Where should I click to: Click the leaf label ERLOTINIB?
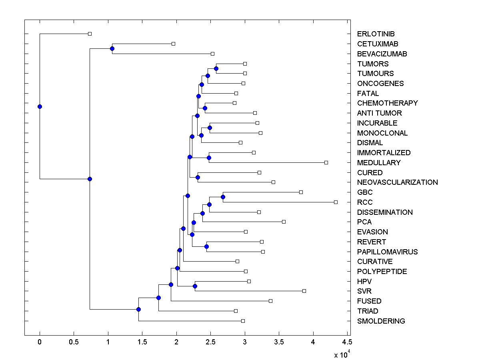tap(376, 34)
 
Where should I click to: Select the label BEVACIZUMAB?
tap(382, 54)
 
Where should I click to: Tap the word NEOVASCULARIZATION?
tap(397, 182)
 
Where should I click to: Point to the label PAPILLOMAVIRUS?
tap(387, 252)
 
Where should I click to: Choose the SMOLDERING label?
tap(381, 321)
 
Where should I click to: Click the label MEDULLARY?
tap(379, 163)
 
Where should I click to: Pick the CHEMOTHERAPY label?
tap(387, 103)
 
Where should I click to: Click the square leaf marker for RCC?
tap(336, 202)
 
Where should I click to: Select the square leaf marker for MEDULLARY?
tap(326, 162)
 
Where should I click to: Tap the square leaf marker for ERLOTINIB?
tap(90, 34)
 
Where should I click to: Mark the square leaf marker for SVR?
tap(304, 291)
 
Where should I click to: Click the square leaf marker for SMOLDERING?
tap(243, 321)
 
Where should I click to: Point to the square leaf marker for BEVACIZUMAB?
tap(212, 54)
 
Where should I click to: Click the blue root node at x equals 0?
tap(40, 106)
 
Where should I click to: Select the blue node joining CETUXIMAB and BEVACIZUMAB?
tap(112, 49)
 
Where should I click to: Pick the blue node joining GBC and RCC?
tap(223, 197)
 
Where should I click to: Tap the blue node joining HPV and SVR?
tap(195, 286)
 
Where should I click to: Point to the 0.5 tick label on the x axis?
tap(74, 342)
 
